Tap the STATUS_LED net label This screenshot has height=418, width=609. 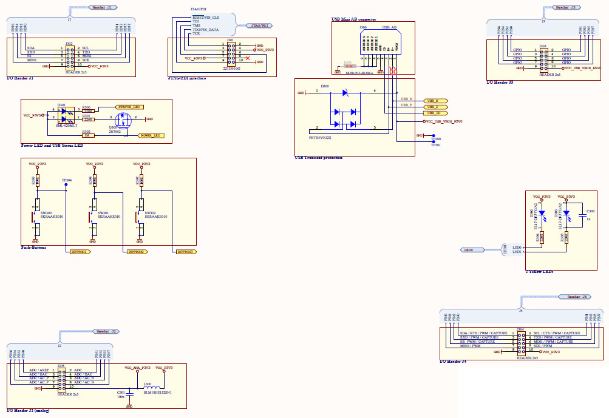point(134,106)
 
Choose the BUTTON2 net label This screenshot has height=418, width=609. point(136,251)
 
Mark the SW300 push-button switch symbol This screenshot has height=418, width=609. point(35,216)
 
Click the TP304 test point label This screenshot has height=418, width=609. point(66,180)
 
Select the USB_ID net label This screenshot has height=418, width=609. point(437,113)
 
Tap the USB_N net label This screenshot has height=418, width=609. point(437,100)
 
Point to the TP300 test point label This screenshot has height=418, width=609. point(435,139)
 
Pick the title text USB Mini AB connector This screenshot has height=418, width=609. point(354,19)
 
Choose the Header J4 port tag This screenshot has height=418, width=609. point(574,297)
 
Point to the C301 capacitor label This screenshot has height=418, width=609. point(120,392)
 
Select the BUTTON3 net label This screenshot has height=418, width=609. point(185,251)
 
